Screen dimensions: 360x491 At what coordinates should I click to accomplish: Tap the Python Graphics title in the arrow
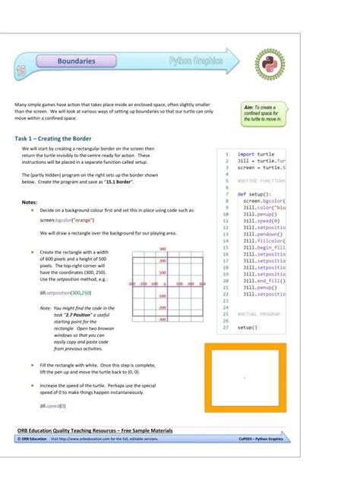[x=196, y=61]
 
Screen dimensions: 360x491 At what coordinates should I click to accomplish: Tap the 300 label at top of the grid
[x=163, y=249]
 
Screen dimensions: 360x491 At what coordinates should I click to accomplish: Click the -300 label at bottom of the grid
[x=163, y=319]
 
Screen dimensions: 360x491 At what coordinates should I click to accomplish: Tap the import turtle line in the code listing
[x=256, y=153]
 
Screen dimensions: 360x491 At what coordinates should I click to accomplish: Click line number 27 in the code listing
[x=226, y=327]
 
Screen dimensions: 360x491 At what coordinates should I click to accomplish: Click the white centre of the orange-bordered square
[x=245, y=376]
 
